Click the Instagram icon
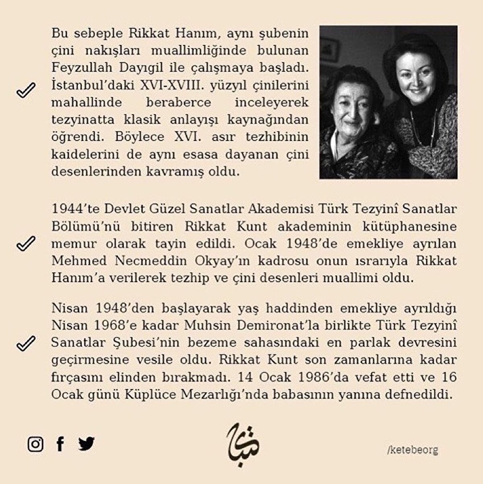click(35, 444)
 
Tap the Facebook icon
click(60, 444)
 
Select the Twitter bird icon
click(87, 444)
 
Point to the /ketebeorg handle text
click(412, 450)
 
